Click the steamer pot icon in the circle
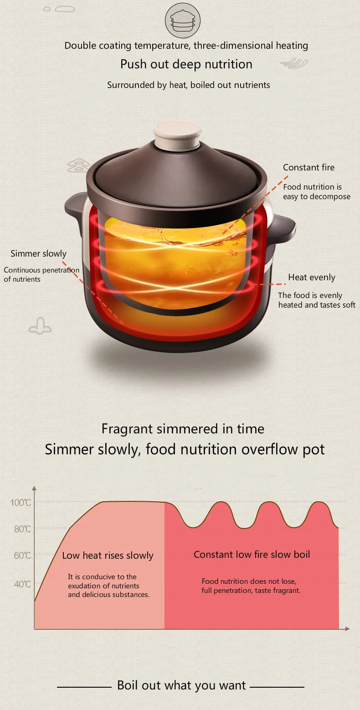coord(182,21)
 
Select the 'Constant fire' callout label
coord(309,168)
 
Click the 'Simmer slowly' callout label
coord(38,254)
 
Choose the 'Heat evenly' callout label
coord(312,278)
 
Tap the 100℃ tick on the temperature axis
coord(21,503)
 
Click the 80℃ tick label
coord(21,529)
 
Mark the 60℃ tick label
coord(21,556)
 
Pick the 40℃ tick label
coord(21,584)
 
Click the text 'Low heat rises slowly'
coord(108,556)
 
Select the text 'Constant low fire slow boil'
coord(252,555)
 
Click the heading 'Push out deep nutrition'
coord(186,64)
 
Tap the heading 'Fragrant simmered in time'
coord(183,429)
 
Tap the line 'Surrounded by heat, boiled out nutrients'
coord(188,85)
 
